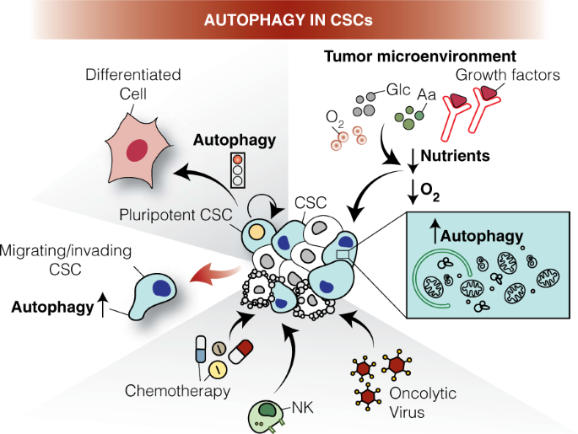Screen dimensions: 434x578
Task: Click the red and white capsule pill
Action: [241, 351]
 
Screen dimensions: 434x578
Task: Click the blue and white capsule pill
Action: [199, 349]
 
